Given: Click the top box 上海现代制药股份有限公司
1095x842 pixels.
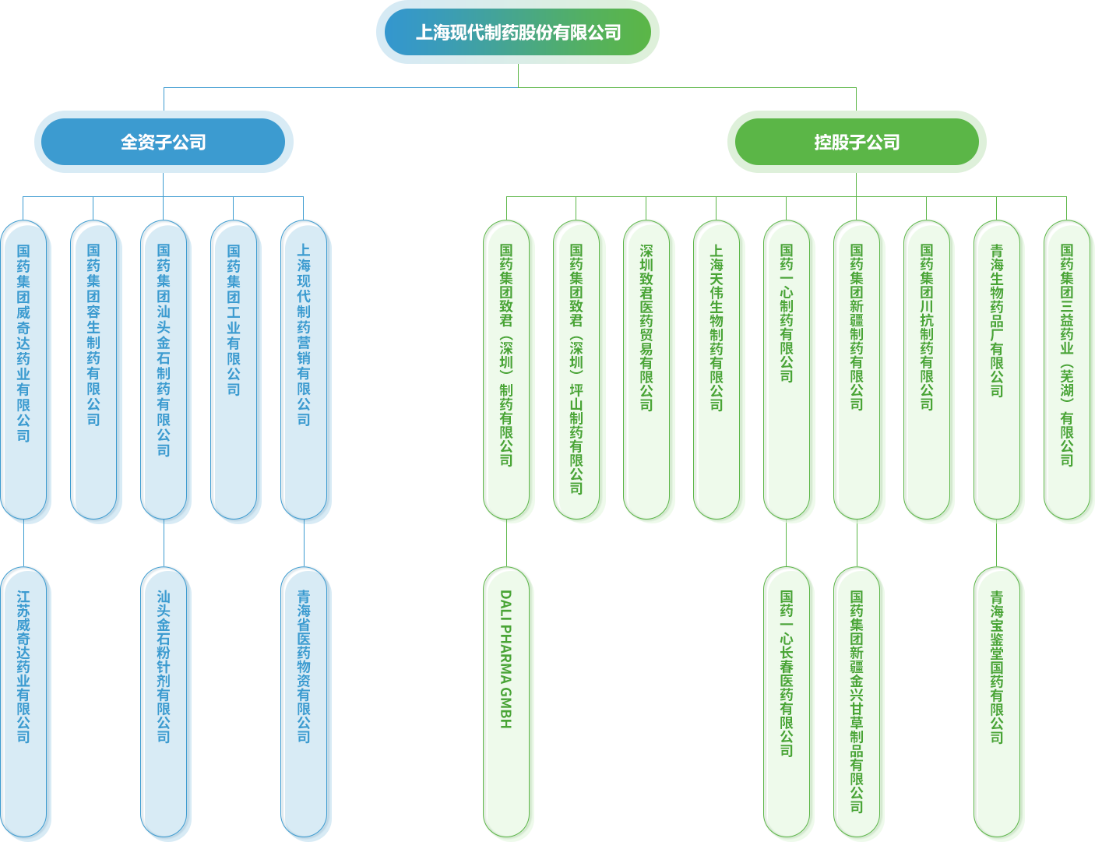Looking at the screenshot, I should [517, 33].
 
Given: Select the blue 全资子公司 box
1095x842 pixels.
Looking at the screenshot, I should [164, 142].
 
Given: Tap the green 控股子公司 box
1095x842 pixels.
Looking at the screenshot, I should [857, 142].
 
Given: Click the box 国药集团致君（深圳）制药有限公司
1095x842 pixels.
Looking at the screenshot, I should [507, 371].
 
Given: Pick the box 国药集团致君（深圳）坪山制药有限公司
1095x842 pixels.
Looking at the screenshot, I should [577, 371].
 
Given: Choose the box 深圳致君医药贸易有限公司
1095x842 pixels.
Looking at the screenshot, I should [647, 371].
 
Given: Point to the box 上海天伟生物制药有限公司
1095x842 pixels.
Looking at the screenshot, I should [717, 371].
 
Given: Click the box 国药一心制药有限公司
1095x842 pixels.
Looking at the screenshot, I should [787, 371].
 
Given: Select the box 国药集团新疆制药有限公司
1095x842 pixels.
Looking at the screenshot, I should [857, 371].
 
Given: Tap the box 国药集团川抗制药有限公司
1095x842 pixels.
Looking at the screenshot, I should [928, 371].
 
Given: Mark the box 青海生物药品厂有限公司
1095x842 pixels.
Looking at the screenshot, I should [998, 371].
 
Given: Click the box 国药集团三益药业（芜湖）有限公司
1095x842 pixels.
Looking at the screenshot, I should [1068, 371].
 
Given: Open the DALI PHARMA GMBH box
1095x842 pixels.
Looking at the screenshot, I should [507, 703].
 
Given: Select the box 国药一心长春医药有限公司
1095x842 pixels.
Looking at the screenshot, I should [787, 703].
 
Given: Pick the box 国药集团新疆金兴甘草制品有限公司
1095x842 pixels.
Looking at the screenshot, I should [857, 703].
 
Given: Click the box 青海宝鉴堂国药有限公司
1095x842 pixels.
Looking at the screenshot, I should [998, 703].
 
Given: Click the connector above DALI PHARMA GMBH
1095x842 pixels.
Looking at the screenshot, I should [506, 544].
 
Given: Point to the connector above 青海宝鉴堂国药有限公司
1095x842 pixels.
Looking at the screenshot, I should [996, 544].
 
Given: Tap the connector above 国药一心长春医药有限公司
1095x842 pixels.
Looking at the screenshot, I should [786, 544].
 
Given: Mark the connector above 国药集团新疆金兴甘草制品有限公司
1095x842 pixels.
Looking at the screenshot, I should [857, 544].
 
